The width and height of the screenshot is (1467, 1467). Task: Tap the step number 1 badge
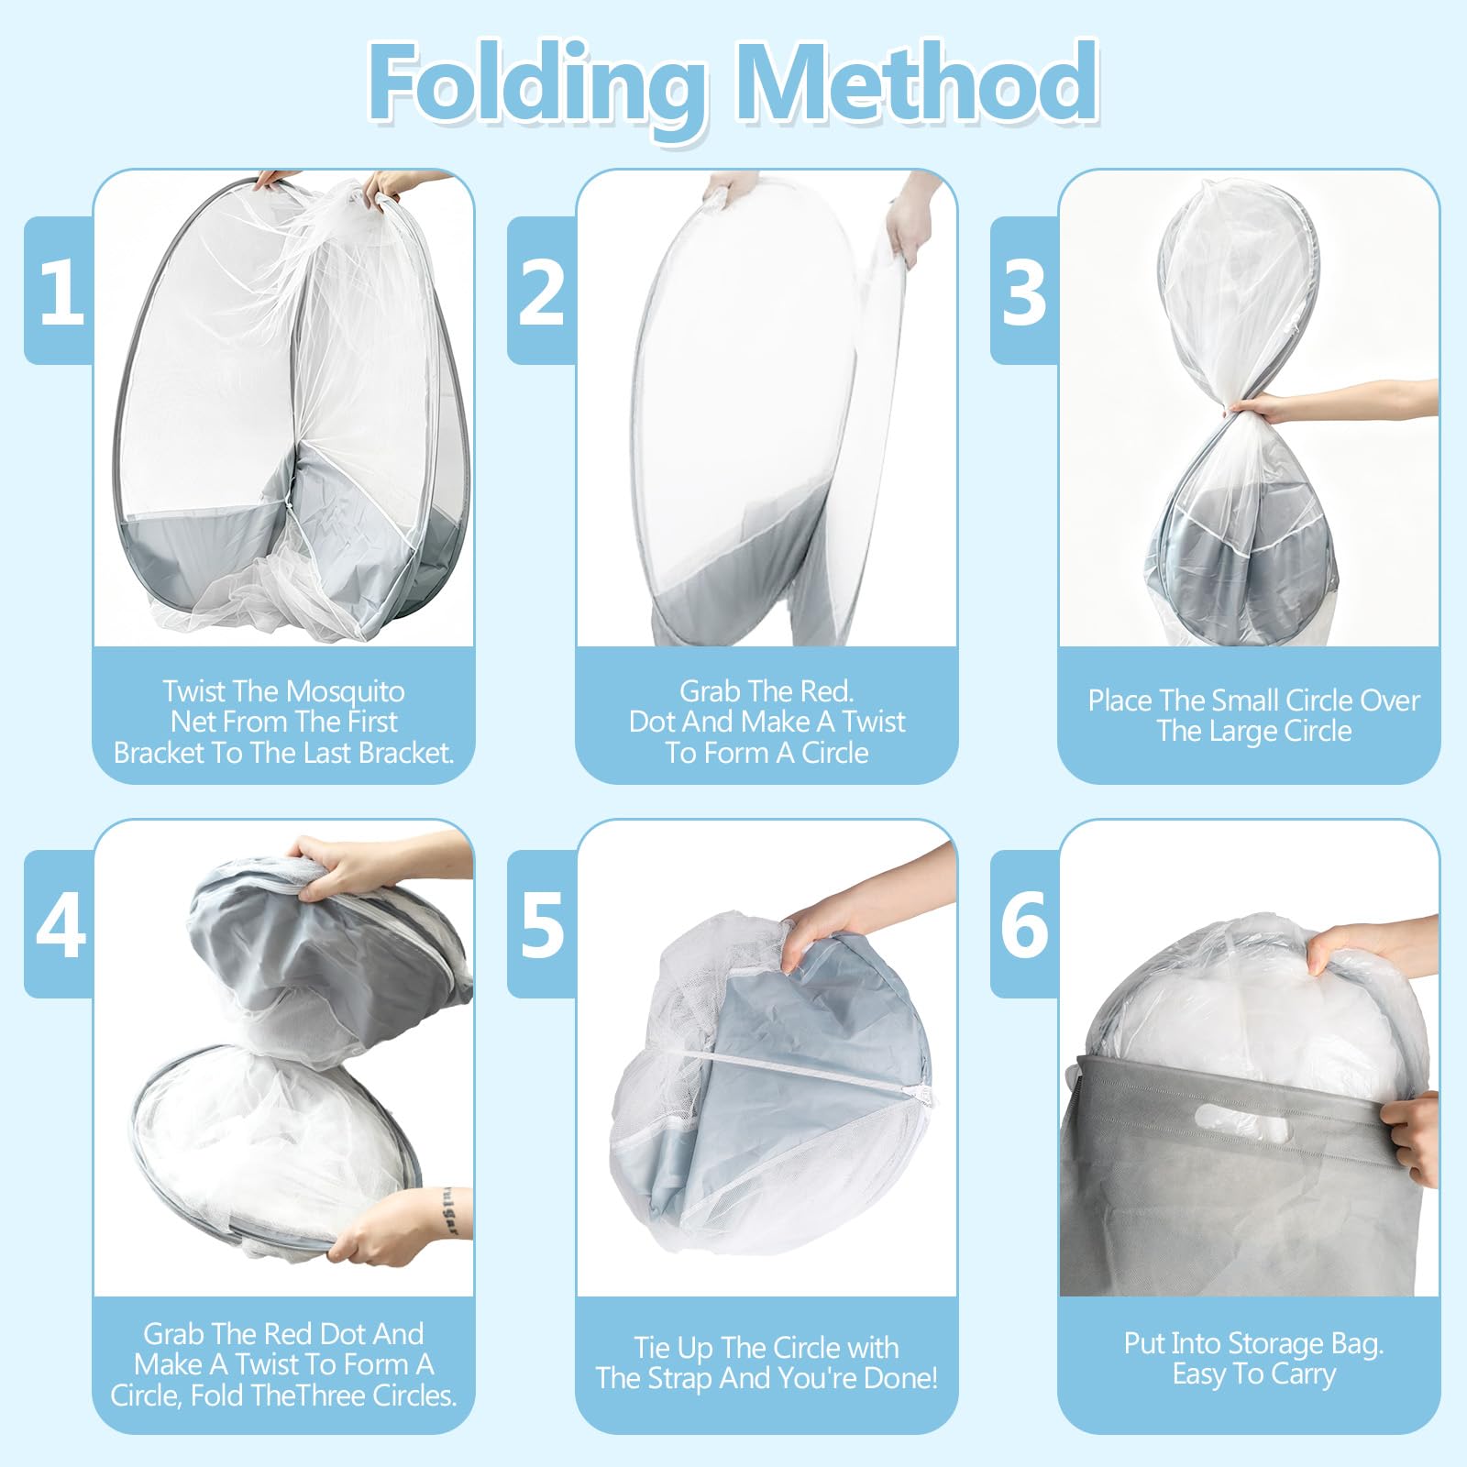[x=61, y=291]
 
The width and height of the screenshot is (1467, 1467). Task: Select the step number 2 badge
[x=542, y=291]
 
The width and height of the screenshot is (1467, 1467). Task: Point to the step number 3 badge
[x=1025, y=291]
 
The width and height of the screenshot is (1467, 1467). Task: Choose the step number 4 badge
[x=61, y=924]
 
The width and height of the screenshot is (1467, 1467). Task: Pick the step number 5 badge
[x=542, y=924]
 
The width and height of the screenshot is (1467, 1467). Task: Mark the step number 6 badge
[x=1025, y=924]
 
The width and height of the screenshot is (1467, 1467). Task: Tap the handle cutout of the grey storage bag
[x=1240, y=1120]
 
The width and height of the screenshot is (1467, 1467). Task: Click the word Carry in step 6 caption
[x=1302, y=1375]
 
